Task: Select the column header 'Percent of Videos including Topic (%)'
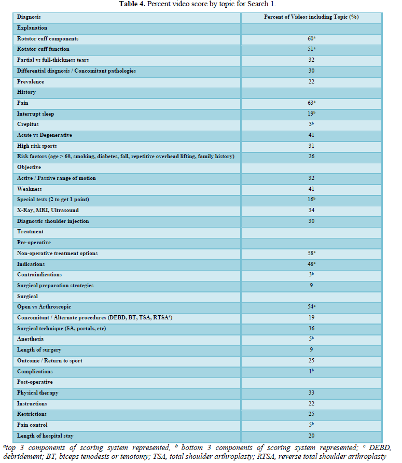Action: (311, 17)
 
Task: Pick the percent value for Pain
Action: (311, 103)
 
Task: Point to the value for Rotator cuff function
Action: (311, 49)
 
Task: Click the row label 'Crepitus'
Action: (28, 124)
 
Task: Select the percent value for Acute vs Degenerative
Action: (311, 135)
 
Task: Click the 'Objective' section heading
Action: (29, 167)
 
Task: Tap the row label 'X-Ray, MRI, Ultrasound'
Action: (48, 210)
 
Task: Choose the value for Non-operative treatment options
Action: (311, 254)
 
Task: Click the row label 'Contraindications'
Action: (39, 275)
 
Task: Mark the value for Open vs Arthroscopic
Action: (311, 307)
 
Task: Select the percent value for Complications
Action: (311, 371)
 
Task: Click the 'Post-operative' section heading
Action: (35, 382)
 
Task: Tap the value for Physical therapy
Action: (311, 393)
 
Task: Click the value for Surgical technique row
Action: (311, 328)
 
